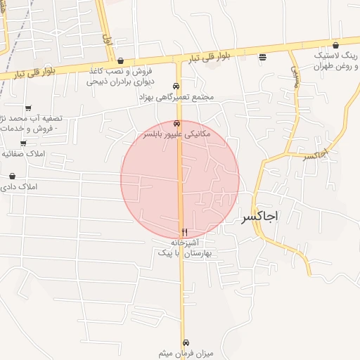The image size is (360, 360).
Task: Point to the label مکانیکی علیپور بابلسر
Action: point(180,133)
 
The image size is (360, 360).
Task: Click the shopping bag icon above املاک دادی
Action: point(13,176)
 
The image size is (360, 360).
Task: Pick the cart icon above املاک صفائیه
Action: point(23,143)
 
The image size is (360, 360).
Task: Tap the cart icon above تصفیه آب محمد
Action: point(28,108)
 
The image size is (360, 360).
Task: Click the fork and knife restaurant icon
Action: point(184,231)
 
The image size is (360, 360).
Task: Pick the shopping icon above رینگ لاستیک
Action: point(336,44)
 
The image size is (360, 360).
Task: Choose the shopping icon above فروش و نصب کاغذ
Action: point(121,61)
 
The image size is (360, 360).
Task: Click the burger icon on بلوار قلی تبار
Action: point(262,57)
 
